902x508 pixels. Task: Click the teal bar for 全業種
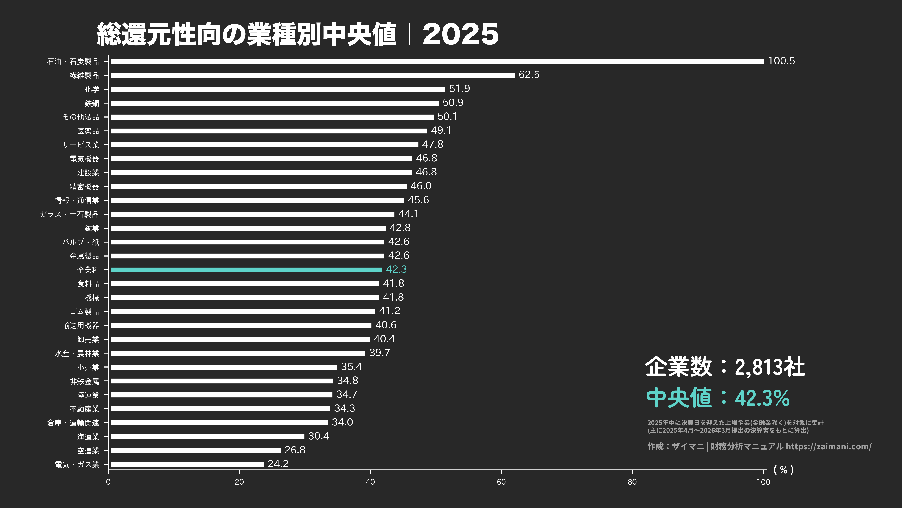[246, 270]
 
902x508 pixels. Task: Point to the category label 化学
[92, 89]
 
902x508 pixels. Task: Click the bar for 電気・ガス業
[187, 464]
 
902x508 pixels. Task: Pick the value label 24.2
[278, 464]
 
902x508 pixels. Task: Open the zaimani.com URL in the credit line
[828, 446]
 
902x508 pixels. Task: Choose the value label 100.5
[781, 61]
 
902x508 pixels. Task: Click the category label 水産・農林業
[77, 353]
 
